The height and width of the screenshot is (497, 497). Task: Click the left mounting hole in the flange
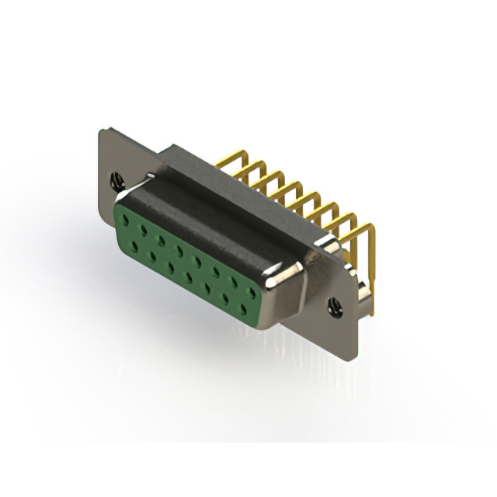pyautogui.click(x=117, y=182)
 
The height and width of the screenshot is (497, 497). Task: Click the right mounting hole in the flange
pyautogui.click(x=335, y=307)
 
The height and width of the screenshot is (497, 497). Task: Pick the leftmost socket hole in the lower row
pyautogui.click(x=136, y=246)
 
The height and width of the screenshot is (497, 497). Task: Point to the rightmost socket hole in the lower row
pyautogui.click(x=244, y=308)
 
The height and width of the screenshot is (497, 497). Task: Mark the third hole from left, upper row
pyautogui.click(x=161, y=238)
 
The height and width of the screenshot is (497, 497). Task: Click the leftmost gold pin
pyautogui.click(x=225, y=158)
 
